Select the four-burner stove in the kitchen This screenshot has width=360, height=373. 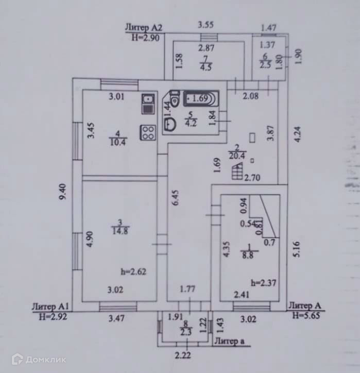pos(149,132)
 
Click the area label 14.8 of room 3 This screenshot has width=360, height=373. pos(119,230)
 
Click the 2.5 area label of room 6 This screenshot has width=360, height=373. pos(265,64)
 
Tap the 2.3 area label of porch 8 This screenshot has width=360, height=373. pos(186,332)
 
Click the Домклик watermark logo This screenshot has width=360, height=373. pos(39,359)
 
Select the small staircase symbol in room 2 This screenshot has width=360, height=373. pos(237,171)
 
